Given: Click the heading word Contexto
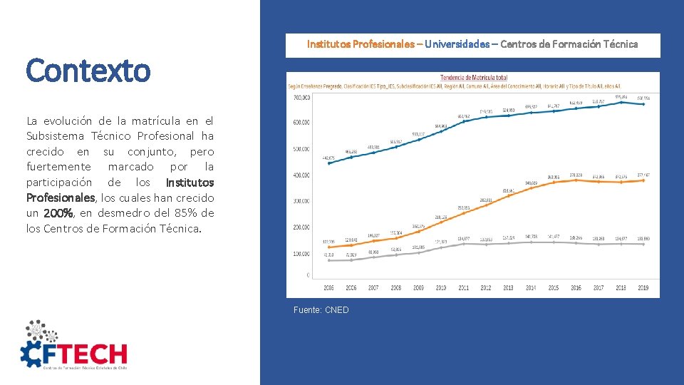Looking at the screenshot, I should click(x=88, y=71).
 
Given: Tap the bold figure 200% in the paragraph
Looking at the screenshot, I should click(x=58, y=213).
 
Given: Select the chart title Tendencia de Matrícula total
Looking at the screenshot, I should click(x=473, y=77).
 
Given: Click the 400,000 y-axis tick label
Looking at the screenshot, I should click(x=301, y=175).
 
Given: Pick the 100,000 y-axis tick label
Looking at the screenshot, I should click(x=301, y=254).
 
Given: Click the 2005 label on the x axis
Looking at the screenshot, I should click(x=328, y=288).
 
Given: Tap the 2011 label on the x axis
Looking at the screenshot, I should click(x=463, y=288).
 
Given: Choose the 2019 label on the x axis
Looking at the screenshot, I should click(x=643, y=288).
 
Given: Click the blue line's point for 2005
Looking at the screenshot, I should click(x=328, y=163).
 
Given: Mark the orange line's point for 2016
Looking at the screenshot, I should click(x=576, y=180).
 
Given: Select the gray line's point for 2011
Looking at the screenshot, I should click(x=463, y=244).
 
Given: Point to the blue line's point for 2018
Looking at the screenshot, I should click(x=621, y=102).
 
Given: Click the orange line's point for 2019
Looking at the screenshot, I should click(x=643, y=180).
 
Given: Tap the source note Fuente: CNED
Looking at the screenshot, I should click(x=321, y=310).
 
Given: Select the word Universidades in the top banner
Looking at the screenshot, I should click(x=457, y=44).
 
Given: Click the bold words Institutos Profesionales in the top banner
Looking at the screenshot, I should click(x=361, y=44).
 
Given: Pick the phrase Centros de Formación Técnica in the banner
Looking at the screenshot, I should click(x=569, y=44).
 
